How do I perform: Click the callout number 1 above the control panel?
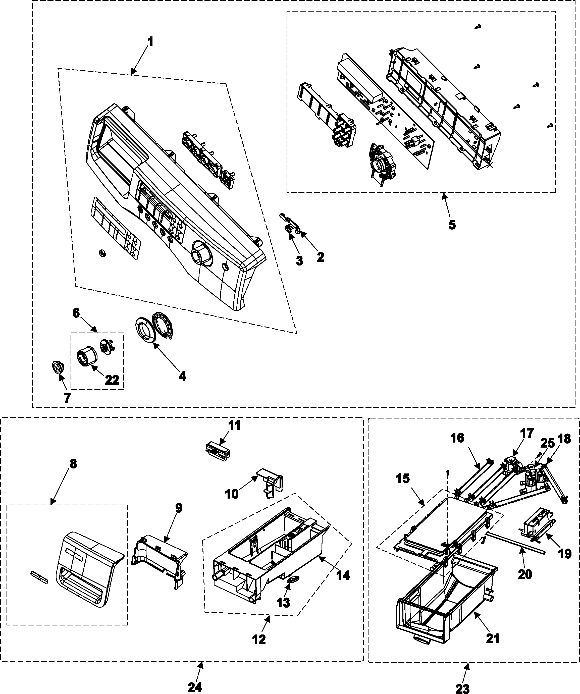pyautogui.click(x=150, y=42)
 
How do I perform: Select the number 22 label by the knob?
pyautogui.click(x=112, y=380)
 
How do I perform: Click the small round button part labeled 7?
pyautogui.click(x=58, y=367)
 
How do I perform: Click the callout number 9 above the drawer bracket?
pyautogui.click(x=178, y=508)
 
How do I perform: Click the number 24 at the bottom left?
pyautogui.click(x=195, y=686)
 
